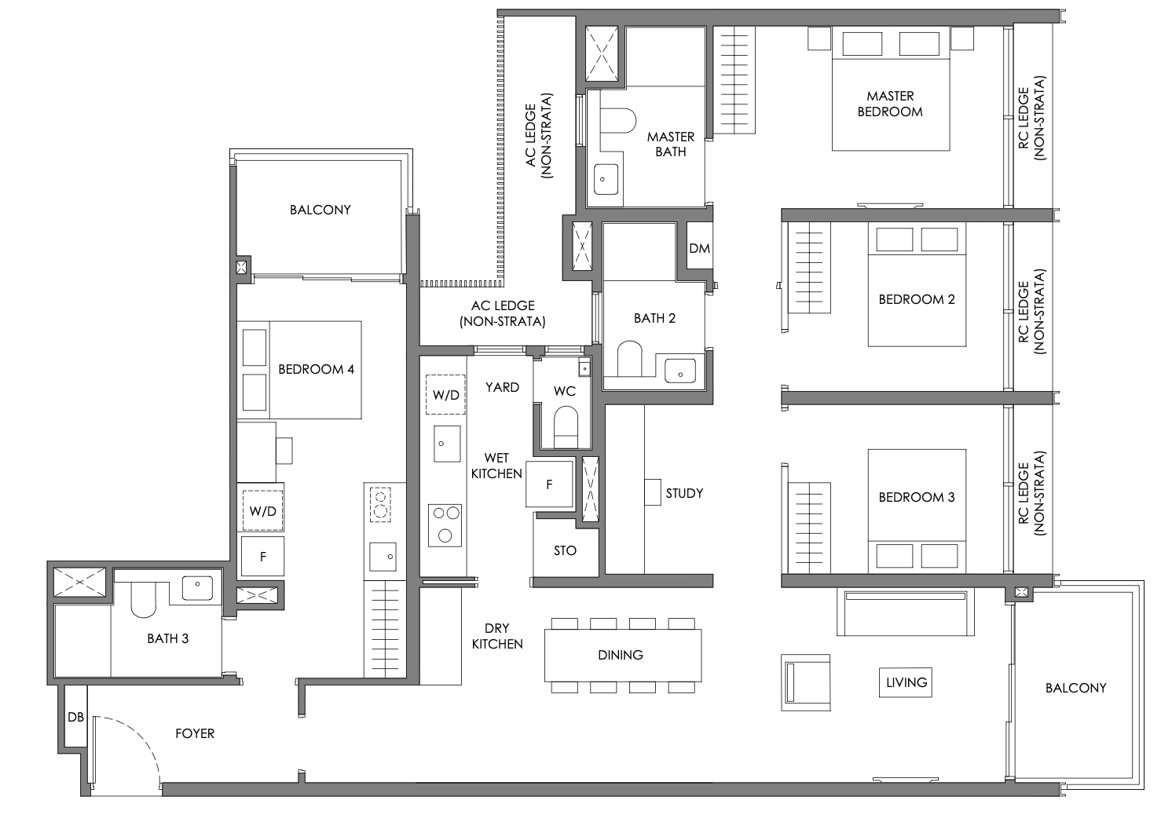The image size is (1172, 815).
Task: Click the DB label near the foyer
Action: [x=76, y=717]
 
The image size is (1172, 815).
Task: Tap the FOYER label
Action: [x=195, y=733]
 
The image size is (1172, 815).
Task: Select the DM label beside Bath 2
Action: [x=700, y=248]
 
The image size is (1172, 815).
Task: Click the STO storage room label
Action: [x=565, y=550]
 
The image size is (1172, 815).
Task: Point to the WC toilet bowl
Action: [x=566, y=427]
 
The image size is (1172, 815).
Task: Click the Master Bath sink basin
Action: [x=606, y=180]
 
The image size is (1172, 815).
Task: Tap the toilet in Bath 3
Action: [x=144, y=600]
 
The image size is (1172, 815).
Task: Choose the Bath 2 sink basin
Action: [x=680, y=371]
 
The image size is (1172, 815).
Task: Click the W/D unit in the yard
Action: [x=445, y=395]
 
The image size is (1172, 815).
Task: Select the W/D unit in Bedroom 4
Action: [x=262, y=510]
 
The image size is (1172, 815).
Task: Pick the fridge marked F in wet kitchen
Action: [x=549, y=484]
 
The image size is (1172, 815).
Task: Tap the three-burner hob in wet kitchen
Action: [x=445, y=526]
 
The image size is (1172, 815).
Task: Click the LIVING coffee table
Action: [x=906, y=682]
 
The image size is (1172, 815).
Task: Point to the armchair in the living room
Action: [x=806, y=682]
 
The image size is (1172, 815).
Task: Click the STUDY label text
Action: [x=684, y=493]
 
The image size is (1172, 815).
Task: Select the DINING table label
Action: [x=621, y=655]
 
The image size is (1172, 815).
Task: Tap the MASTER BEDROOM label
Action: [x=890, y=104]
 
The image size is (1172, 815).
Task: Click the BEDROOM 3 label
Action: [x=917, y=497]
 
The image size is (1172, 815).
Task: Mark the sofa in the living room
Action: [x=906, y=612]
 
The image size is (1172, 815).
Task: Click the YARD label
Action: [x=502, y=387]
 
